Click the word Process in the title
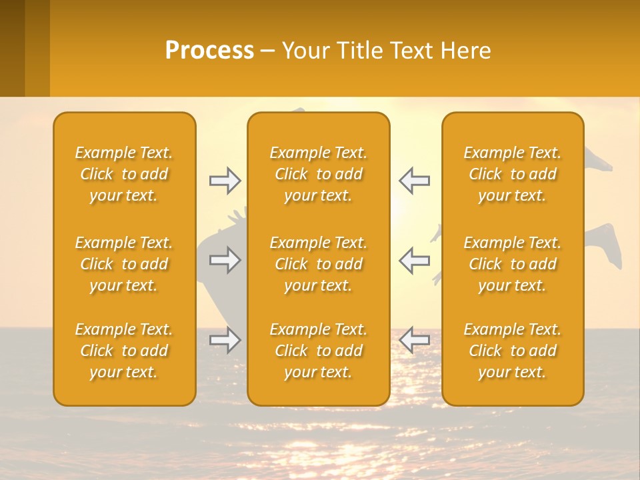click(209, 51)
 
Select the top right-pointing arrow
click(225, 181)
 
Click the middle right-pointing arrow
click(225, 260)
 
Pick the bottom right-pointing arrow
click(225, 340)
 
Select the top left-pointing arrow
click(414, 181)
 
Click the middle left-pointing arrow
click(414, 260)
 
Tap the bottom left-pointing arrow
click(414, 340)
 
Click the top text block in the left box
click(124, 174)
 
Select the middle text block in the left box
click(124, 264)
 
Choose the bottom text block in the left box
click(124, 351)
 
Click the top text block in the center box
click(318, 174)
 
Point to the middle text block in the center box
click(318, 264)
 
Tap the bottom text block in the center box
click(318, 351)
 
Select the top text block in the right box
click(512, 174)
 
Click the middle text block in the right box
click(512, 264)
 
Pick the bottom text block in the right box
click(512, 351)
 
